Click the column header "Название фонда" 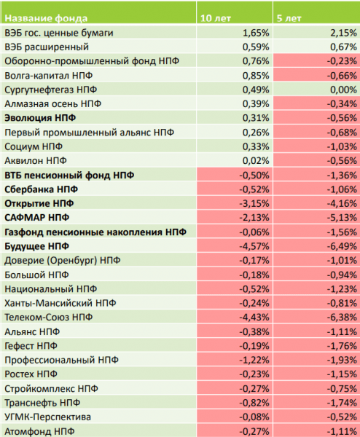tap(46, 18)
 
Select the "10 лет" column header tap(216, 18)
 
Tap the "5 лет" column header tap(289, 18)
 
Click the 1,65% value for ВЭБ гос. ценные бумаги tap(256, 33)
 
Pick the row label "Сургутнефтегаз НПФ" tap(51, 90)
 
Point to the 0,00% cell tap(343, 90)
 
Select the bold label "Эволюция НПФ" tap(40, 118)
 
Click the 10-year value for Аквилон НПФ tap(256, 161)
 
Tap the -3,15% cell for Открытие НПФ tap(254, 203)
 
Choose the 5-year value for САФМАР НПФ tap(342, 218)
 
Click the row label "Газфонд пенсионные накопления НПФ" tap(95, 232)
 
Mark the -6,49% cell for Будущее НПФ tap(342, 246)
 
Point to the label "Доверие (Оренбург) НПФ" tap(63, 260)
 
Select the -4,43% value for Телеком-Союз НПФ tap(254, 317)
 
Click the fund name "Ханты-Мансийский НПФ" tap(60, 303)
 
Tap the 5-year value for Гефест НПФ tap(342, 346)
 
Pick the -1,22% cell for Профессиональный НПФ tap(254, 360)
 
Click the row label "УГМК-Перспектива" tap(47, 417)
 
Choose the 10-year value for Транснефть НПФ tap(254, 403)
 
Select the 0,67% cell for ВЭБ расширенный tap(343, 47)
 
